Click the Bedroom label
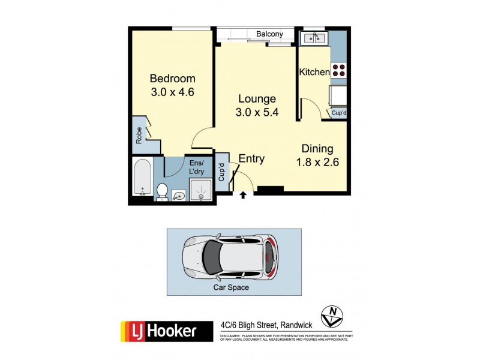click(x=173, y=79)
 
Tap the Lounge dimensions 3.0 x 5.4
click(x=257, y=112)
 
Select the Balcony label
click(x=270, y=34)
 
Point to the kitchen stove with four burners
click(x=339, y=70)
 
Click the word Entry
click(x=251, y=158)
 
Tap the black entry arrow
click(x=243, y=194)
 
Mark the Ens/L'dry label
click(x=197, y=167)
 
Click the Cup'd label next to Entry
click(x=221, y=173)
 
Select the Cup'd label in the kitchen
click(x=339, y=113)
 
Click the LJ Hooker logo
click(x=167, y=331)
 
